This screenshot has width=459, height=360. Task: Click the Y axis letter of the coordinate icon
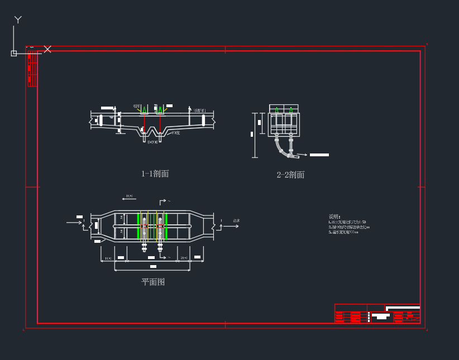18,20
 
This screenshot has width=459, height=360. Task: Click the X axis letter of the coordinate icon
47,49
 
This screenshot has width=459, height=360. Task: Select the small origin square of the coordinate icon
14,53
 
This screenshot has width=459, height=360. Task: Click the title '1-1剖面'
155,174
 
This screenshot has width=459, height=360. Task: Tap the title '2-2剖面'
290,175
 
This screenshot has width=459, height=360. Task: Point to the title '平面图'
153,282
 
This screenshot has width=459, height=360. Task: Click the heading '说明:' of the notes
334,217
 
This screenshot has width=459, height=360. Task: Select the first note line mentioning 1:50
347,222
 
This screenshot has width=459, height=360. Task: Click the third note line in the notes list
343,232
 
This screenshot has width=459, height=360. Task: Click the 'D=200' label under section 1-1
152,143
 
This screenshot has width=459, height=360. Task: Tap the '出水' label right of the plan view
236,221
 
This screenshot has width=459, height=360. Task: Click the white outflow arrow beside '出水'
230,227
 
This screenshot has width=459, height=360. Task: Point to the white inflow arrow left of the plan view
74,223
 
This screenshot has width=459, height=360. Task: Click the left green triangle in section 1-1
144,109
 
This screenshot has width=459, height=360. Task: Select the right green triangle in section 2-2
290,109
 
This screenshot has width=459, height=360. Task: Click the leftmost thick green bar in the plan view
138,225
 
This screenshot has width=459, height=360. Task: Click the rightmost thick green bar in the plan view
166,225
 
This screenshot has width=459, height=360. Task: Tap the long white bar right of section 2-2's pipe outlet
319,155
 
